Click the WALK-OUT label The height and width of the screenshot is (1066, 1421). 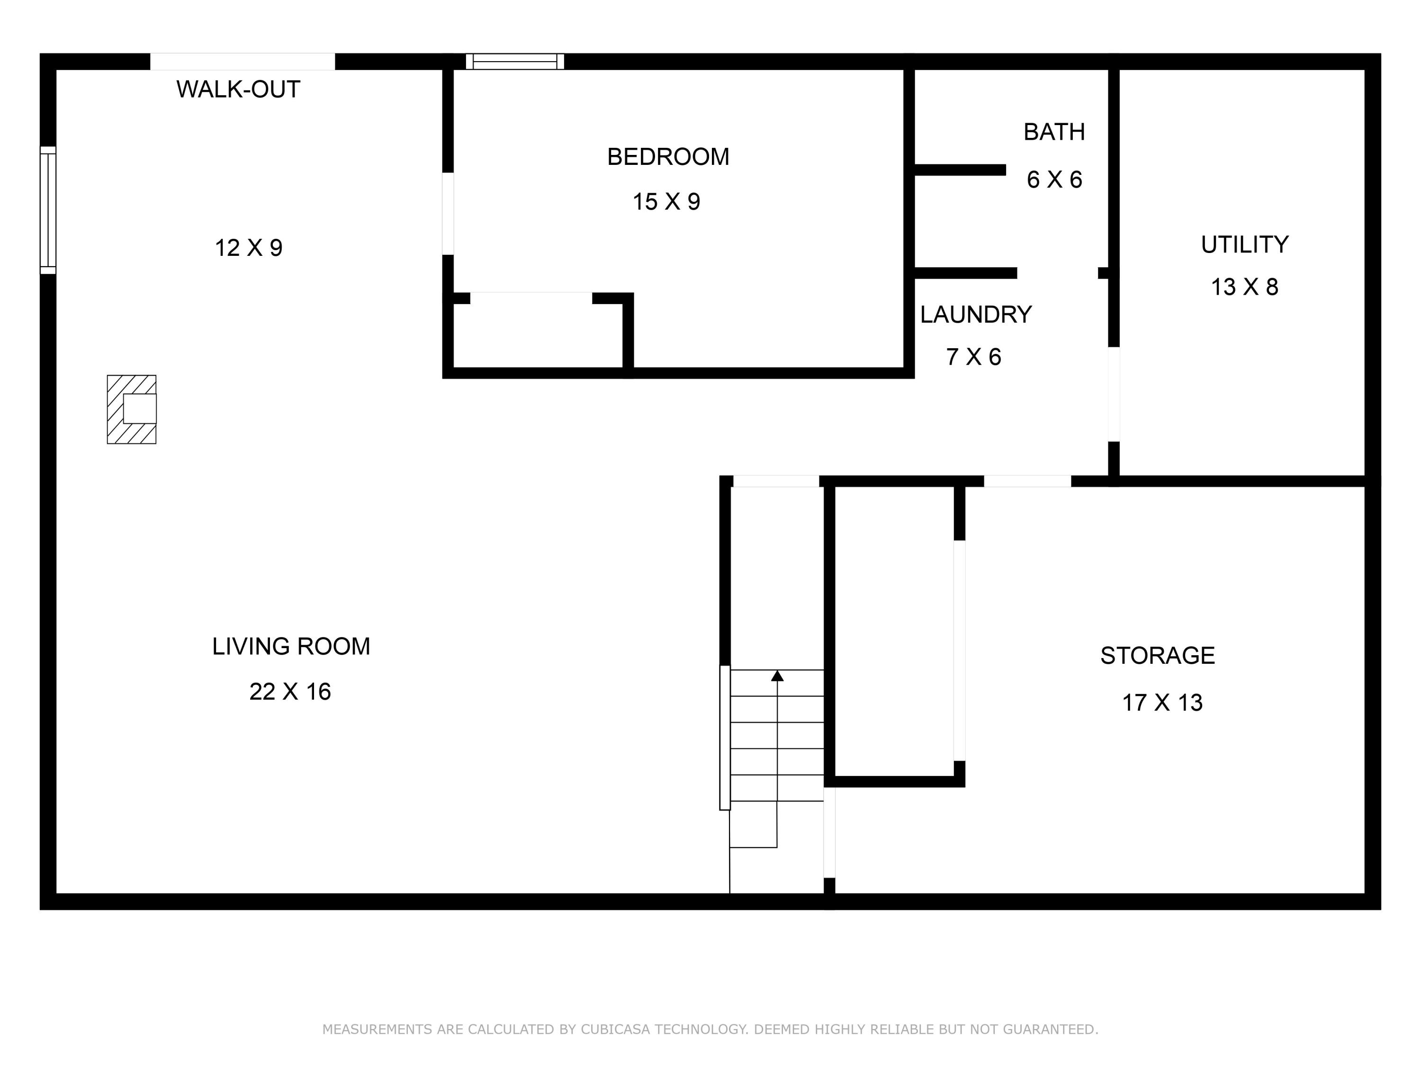tap(238, 90)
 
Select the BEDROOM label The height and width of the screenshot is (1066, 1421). tap(668, 157)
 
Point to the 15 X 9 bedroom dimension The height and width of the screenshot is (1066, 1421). tap(666, 202)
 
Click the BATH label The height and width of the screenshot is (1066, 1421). tap(1054, 132)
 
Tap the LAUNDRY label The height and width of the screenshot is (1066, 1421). tap(976, 314)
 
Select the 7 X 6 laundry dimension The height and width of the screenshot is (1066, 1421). tap(973, 357)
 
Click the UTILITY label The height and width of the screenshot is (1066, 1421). tap(1245, 245)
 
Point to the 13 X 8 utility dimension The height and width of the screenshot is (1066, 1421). tap(1244, 287)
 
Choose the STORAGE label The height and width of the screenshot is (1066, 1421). tap(1158, 655)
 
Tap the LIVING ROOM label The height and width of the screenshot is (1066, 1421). tap(291, 646)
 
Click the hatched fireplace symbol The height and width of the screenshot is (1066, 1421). tap(132, 409)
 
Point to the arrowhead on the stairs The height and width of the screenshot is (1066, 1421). tap(777, 675)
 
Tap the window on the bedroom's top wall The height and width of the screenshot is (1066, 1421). tap(514, 62)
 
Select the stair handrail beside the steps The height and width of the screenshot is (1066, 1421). tap(725, 738)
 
